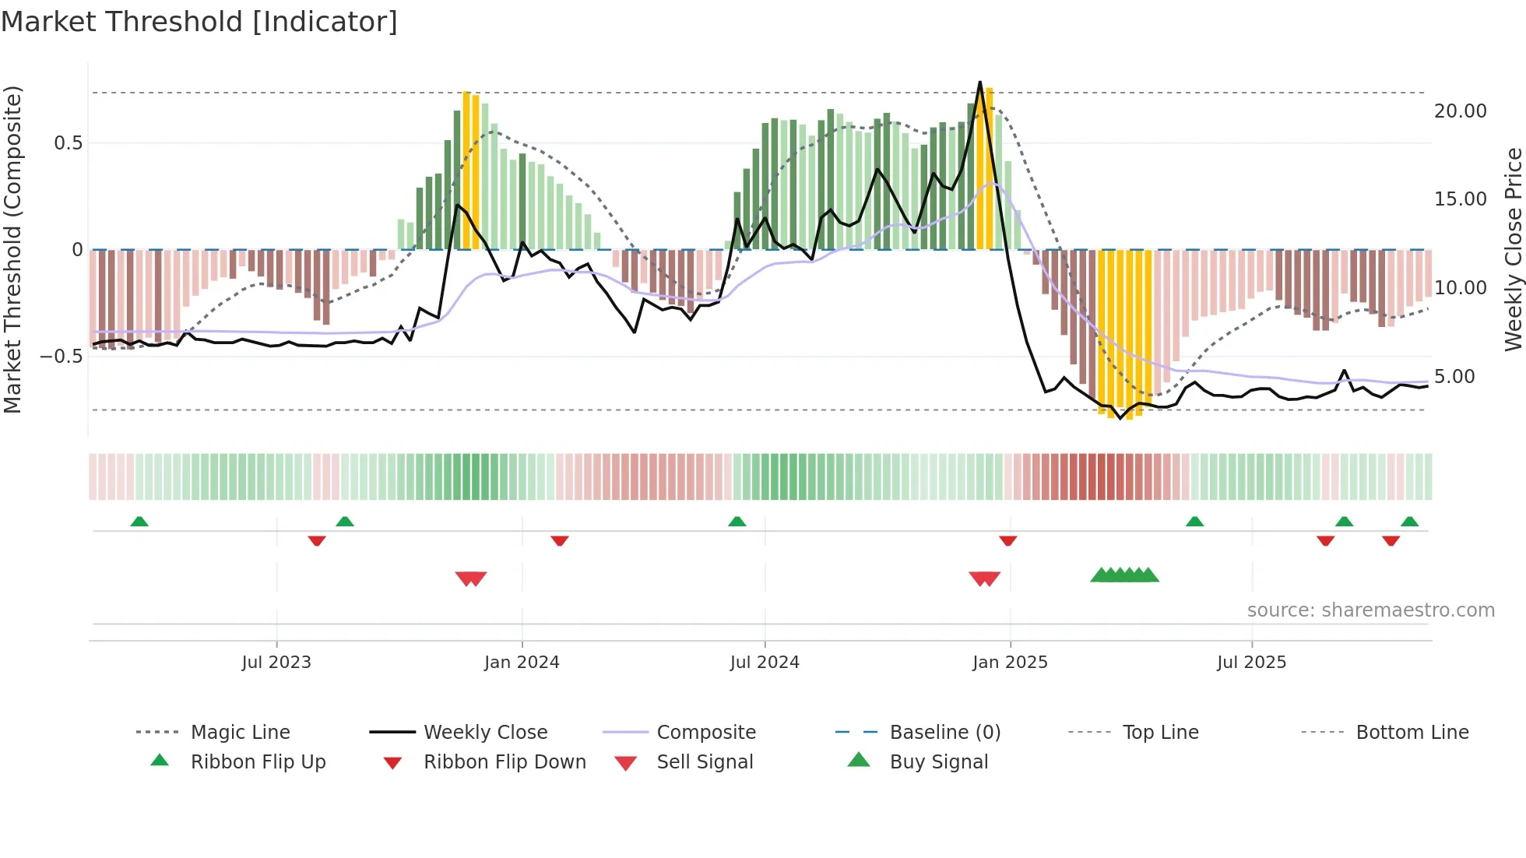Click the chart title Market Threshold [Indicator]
pos(199,22)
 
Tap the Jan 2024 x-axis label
pos(522,663)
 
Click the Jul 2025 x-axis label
pos(1251,663)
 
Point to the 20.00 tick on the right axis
pos(1460,111)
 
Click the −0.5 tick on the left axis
pos(61,357)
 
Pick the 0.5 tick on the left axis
pos(68,143)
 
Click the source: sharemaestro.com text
pos(1370,610)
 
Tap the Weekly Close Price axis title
pos(1513,249)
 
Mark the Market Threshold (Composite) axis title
pos(12,249)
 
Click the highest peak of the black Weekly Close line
pos(979,82)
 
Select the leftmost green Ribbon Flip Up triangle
pos(139,522)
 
